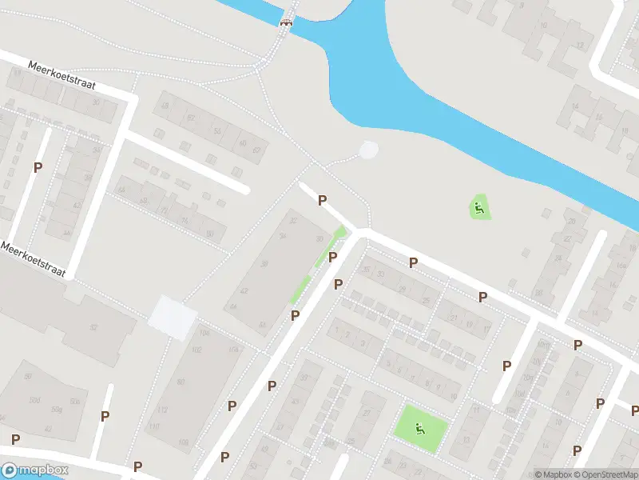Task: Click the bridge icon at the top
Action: (285, 22)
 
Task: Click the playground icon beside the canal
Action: (478, 210)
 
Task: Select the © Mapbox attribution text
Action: (554, 474)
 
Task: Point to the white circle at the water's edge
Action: (367, 150)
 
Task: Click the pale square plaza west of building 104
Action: (172, 316)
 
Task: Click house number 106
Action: (233, 349)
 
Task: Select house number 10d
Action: (544, 344)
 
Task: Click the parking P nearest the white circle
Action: (323, 200)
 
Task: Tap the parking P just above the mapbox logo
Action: (15, 438)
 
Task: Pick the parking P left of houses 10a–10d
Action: (506, 366)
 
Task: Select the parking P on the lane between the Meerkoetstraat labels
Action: (38, 167)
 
